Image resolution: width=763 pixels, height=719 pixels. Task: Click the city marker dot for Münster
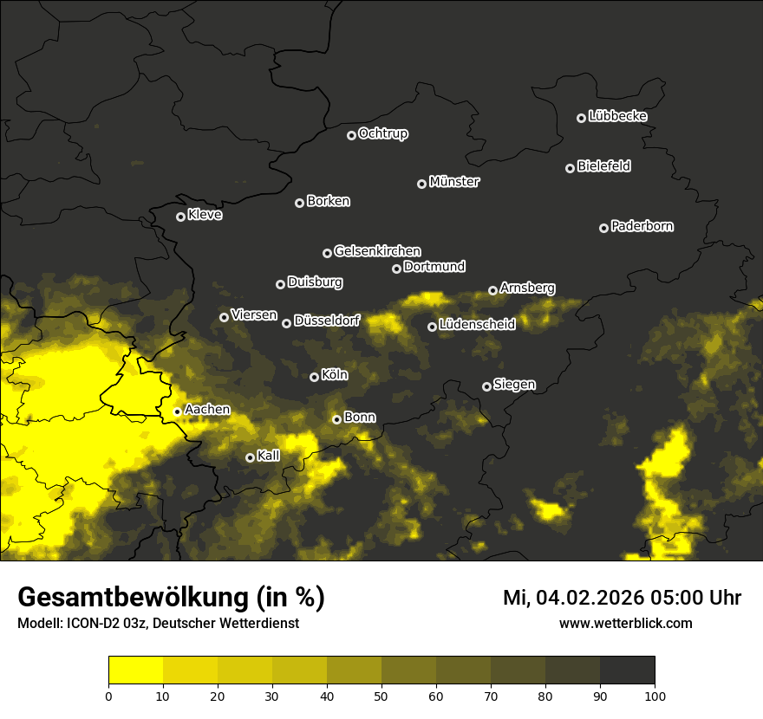pos(422,184)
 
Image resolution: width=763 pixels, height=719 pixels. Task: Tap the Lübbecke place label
pos(617,116)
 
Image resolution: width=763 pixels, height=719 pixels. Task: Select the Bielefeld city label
pos(603,166)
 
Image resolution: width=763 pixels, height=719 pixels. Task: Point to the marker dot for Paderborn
pos(604,228)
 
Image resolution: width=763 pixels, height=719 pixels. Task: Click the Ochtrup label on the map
pos(382,133)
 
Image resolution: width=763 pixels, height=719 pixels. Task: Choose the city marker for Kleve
pos(181,217)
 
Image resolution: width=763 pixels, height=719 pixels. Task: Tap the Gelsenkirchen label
pos(377,251)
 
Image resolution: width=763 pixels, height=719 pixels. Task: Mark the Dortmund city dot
pos(397,269)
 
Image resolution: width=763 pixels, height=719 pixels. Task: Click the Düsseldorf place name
pos(327,321)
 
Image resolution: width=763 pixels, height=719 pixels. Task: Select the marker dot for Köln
pos(315,377)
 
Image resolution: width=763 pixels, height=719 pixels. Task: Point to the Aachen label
pos(207,410)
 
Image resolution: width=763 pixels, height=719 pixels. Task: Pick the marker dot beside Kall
pos(251,457)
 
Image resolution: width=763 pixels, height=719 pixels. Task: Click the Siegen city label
pos(514,385)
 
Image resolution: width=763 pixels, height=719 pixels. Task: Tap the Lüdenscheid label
pos(477,324)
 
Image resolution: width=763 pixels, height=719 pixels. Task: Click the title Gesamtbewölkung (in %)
pos(171,598)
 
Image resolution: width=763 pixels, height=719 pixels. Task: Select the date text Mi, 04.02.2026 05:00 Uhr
pos(622,598)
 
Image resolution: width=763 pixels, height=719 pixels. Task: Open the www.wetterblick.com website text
pos(625,624)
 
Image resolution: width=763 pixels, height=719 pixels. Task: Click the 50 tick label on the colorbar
pos(381,695)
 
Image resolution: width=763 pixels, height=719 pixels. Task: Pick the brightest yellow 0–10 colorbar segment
pos(135,670)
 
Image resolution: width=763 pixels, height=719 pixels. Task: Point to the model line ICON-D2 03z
pos(158,624)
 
